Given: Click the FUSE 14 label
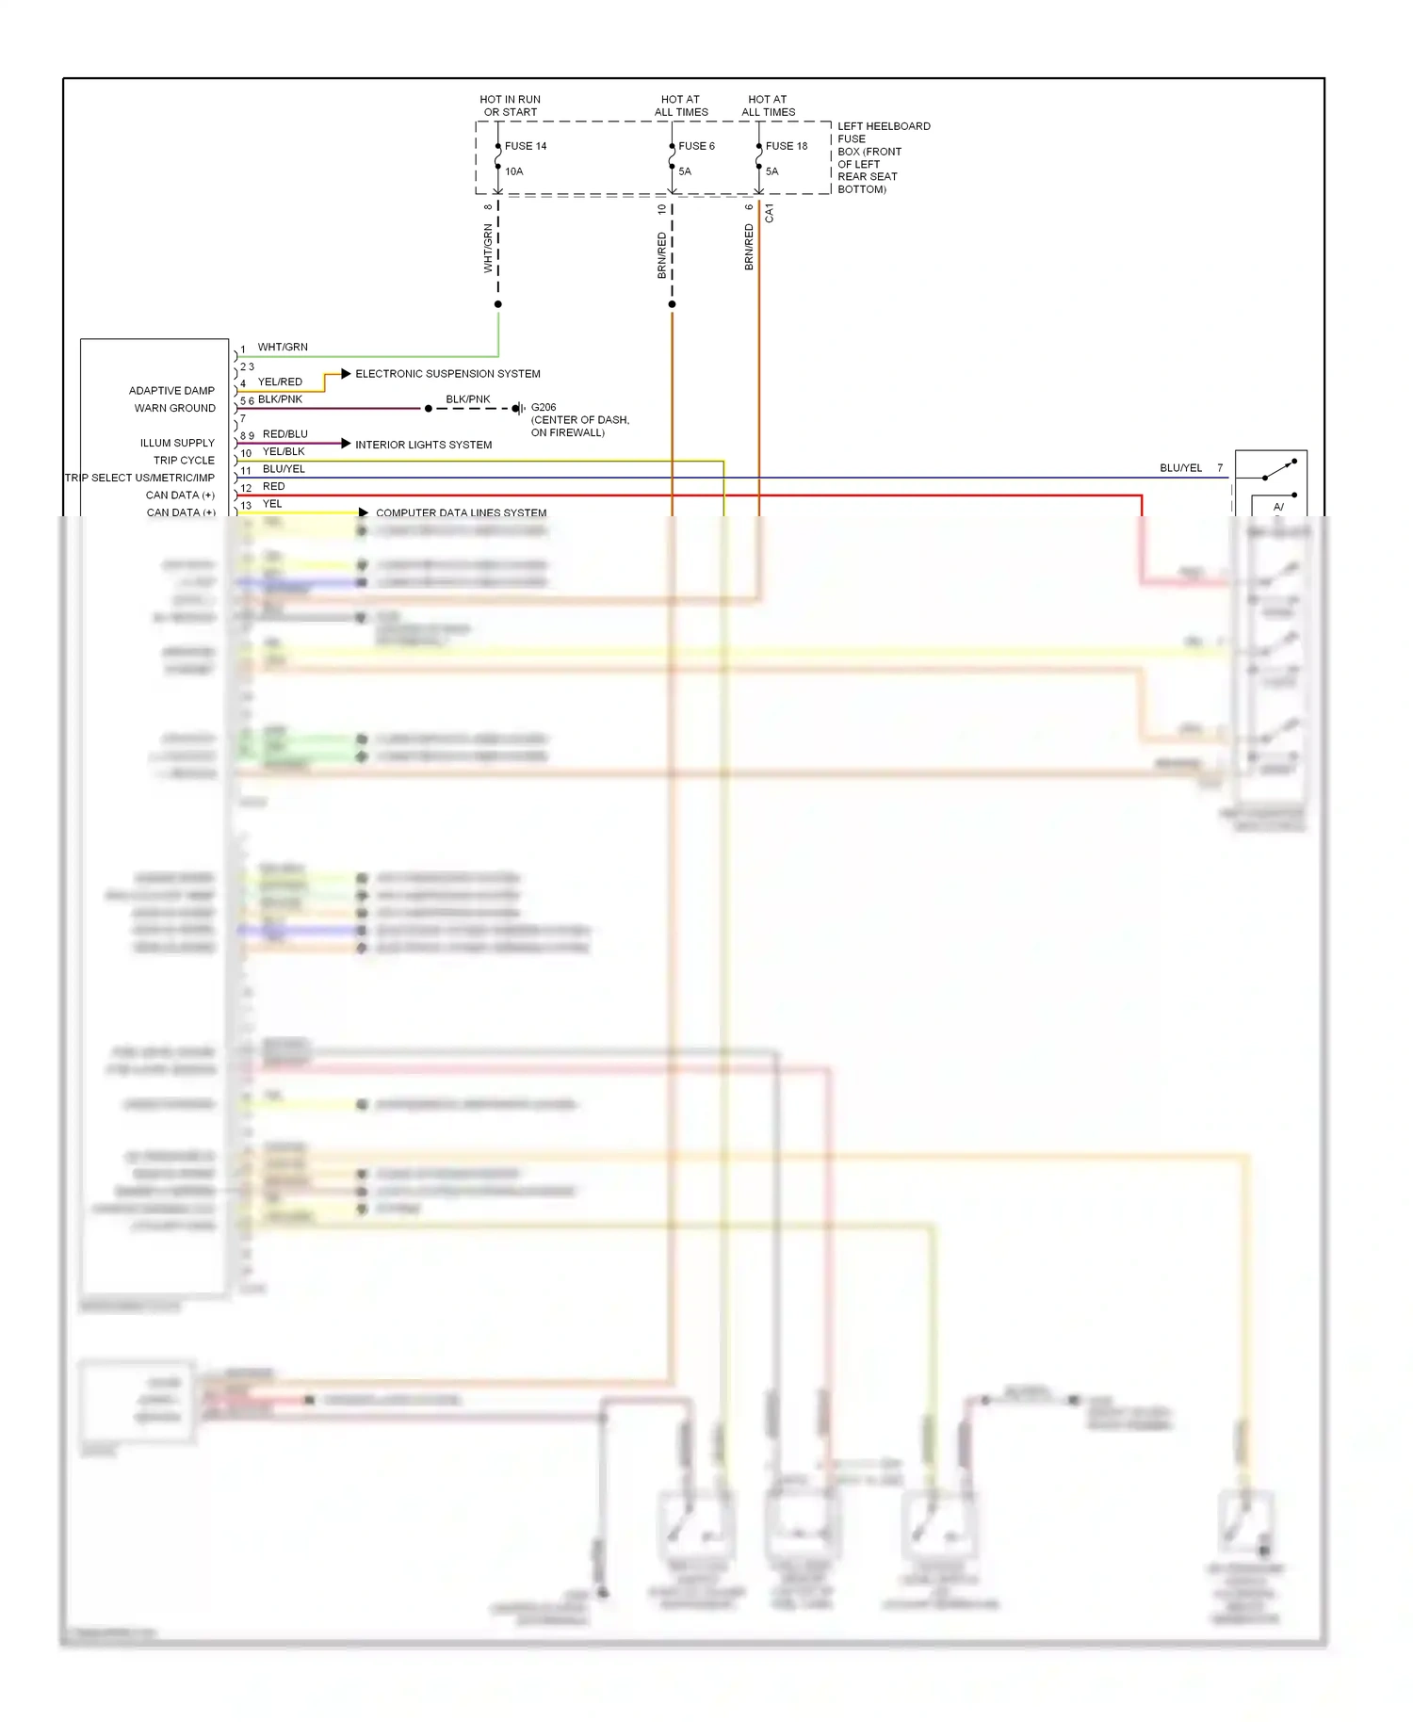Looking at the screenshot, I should [x=525, y=146].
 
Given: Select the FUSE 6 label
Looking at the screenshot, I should [x=696, y=146].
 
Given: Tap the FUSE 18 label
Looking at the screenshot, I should [x=786, y=146].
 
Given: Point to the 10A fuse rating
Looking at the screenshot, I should [x=513, y=171].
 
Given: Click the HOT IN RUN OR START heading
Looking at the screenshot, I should [x=510, y=106].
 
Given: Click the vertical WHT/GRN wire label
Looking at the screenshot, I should [x=488, y=249].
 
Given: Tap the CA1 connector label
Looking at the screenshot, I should [x=770, y=213].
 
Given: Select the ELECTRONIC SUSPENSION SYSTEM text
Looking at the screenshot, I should [x=447, y=374].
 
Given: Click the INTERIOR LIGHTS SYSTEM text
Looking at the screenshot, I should [x=423, y=445].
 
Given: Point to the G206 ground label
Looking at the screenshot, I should [x=544, y=408].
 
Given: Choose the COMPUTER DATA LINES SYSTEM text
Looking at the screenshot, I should [x=461, y=513].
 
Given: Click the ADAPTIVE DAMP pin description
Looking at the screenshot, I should [x=171, y=391].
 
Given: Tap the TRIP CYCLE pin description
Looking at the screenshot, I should [x=184, y=461].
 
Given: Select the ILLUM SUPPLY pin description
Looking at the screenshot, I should [x=177, y=443].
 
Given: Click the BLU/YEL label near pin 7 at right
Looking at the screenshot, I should [x=1180, y=468].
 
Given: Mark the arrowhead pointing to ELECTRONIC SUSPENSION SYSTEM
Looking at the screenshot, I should [x=346, y=374].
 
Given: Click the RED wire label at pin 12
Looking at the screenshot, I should [x=273, y=487].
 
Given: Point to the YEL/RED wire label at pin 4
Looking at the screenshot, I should [x=280, y=382].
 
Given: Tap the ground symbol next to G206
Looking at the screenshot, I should [x=517, y=409].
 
